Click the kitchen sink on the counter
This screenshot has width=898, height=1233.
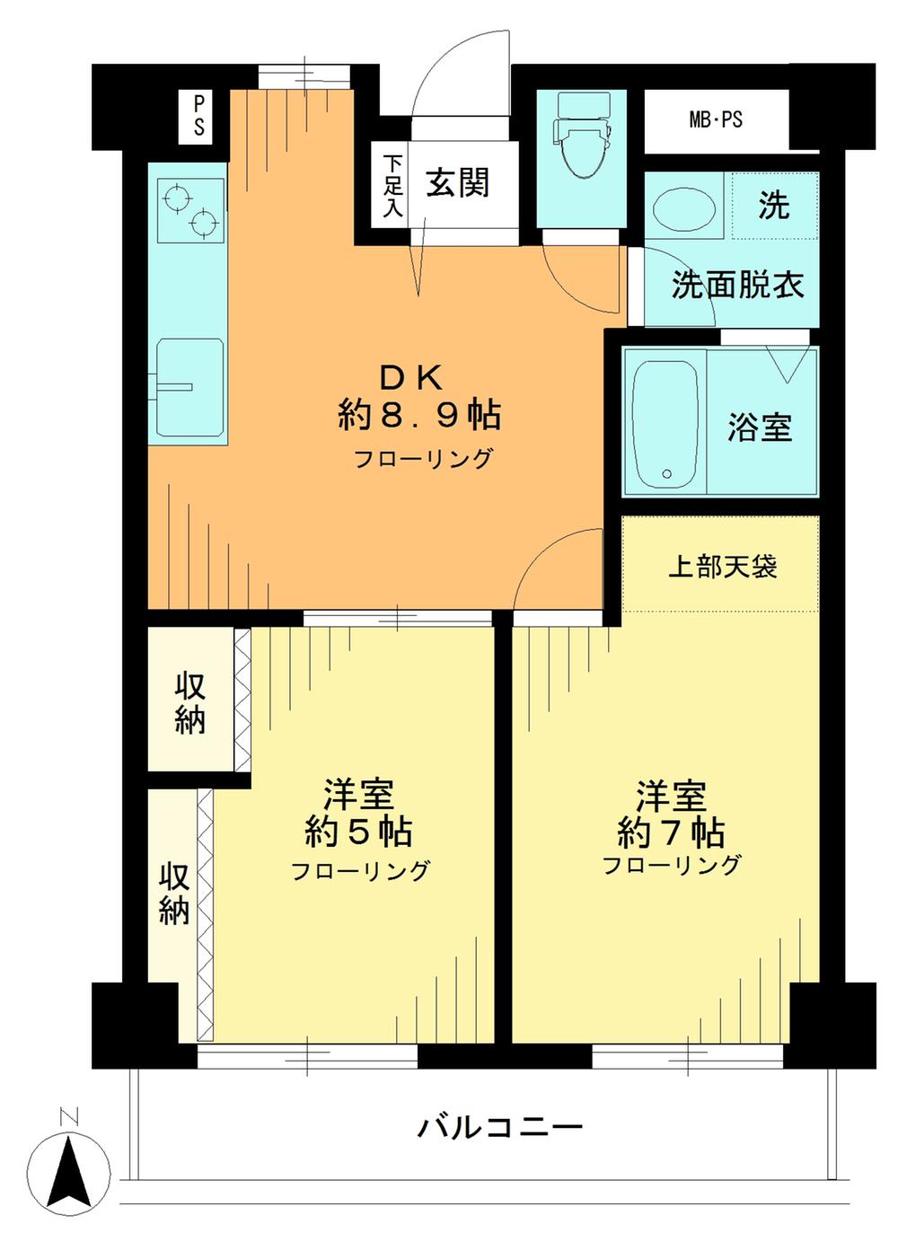[x=189, y=387]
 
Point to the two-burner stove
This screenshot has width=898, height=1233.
[x=189, y=209]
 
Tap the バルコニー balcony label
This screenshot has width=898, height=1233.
[x=500, y=1125]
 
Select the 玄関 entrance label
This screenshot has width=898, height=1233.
[x=458, y=183]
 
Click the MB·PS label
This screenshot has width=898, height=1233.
[x=716, y=119]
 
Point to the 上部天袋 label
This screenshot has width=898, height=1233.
[x=722, y=567]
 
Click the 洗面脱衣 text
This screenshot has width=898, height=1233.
[x=737, y=286]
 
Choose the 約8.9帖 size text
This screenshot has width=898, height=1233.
[x=419, y=415]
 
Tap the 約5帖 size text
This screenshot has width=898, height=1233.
[x=358, y=832]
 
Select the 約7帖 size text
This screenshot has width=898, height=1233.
[x=671, y=832]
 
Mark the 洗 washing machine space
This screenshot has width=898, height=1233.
[x=773, y=206]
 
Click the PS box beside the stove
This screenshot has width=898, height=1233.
[x=198, y=116]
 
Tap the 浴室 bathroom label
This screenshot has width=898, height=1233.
[x=760, y=427]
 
